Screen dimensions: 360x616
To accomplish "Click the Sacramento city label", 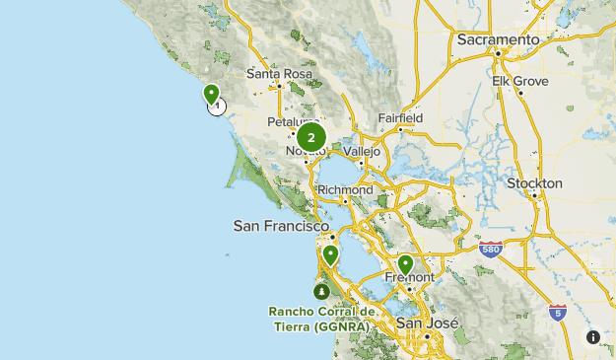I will pyautogui.click(x=499, y=39).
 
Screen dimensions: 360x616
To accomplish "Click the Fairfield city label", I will pyautogui.click(x=400, y=118).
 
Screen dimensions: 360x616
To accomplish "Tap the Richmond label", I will pyautogui.click(x=345, y=189).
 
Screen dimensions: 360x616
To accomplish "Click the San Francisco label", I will pyautogui.click(x=281, y=226).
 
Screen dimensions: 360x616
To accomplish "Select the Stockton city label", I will pyautogui.click(x=534, y=183).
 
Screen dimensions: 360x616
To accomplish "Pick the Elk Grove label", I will pyautogui.click(x=518, y=81).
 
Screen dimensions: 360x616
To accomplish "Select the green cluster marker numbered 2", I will pyautogui.click(x=311, y=138).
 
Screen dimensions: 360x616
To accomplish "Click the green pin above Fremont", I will pyautogui.click(x=405, y=264).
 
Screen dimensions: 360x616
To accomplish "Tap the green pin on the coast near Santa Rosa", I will pyautogui.click(x=211, y=94).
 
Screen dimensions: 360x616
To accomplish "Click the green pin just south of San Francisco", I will pyautogui.click(x=330, y=254).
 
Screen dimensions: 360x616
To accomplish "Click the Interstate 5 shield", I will pyautogui.click(x=558, y=313).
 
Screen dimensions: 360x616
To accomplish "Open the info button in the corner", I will pyautogui.click(x=593, y=337).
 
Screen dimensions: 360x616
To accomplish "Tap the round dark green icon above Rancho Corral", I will pyautogui.click(x=321, y=292).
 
